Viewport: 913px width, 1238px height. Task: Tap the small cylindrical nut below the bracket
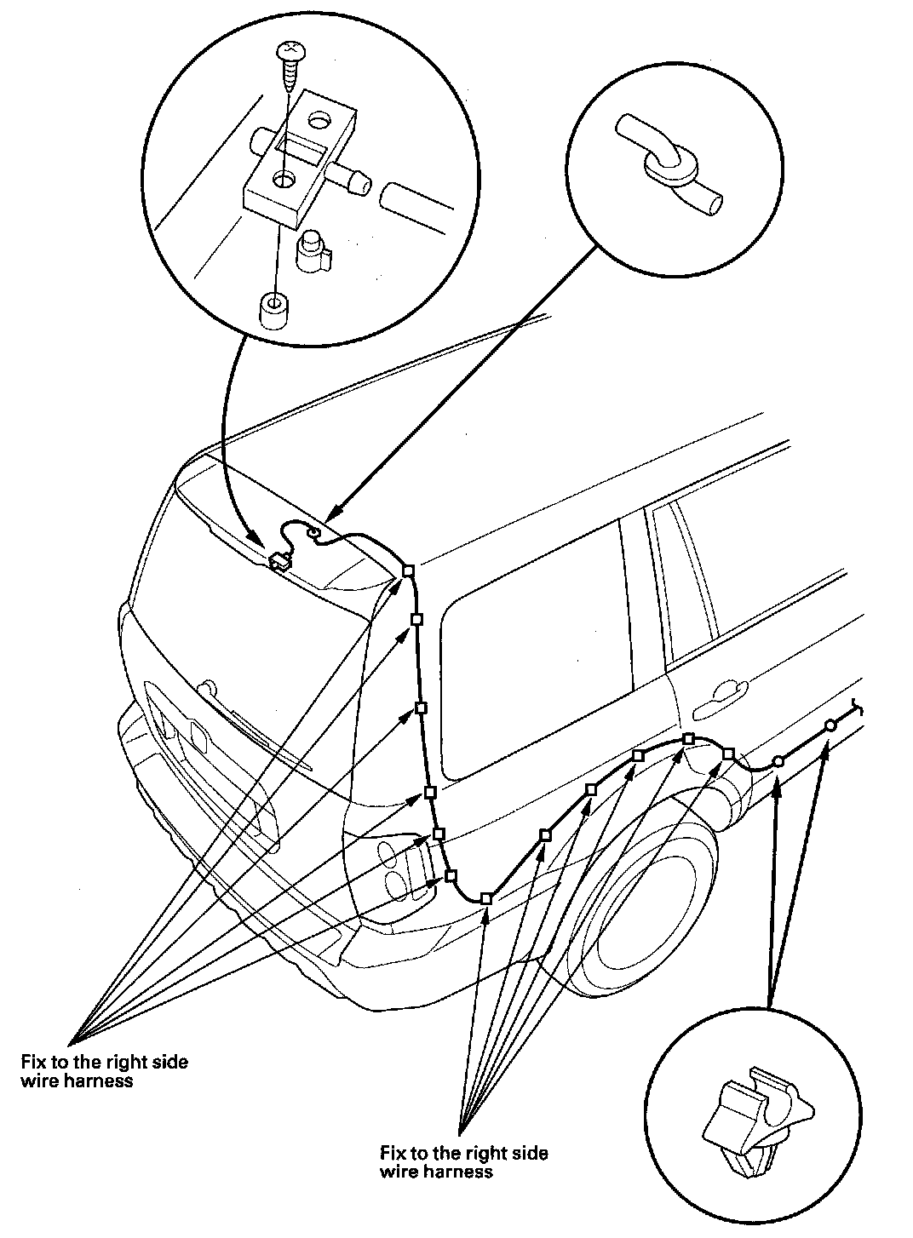(x=274, y=311)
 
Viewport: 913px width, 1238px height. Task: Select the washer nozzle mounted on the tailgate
(x=278, y=561)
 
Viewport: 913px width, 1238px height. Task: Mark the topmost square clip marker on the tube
(x=408, y=570)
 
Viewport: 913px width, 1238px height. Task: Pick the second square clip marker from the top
(x=416, y=619)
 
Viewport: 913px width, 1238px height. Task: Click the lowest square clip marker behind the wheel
(x=485, y=898)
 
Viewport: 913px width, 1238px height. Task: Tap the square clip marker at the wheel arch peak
(x=689, y=738)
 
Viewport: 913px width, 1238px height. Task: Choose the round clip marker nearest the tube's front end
(x=830, y=725)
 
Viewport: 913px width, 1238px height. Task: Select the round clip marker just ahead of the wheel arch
(x=778, y=761)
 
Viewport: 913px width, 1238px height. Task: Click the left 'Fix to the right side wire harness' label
(x=104, y=1071)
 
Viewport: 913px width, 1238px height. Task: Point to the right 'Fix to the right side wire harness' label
(x=464, y=1162)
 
